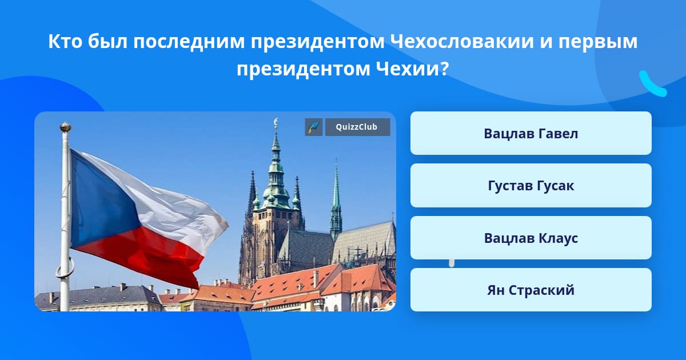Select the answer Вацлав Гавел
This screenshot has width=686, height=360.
[531, 133]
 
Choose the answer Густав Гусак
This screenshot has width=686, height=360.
[531, 186]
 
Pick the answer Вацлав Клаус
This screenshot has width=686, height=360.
[531, 238]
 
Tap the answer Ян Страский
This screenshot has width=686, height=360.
[531, 290]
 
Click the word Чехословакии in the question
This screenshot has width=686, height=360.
[462, 41]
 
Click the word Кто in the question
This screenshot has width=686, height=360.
[65, 41]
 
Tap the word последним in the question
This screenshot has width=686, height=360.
[189, 42]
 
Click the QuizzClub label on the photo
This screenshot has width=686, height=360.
[357, 127]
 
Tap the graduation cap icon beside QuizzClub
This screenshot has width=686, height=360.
[314, 127]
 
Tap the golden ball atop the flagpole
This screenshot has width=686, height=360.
[66, 127]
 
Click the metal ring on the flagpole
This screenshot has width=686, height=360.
[65, 267]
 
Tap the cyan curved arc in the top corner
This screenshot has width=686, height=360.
[652, 85]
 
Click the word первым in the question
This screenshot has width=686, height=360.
[598, 42]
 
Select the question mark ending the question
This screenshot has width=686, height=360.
[445, 69]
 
